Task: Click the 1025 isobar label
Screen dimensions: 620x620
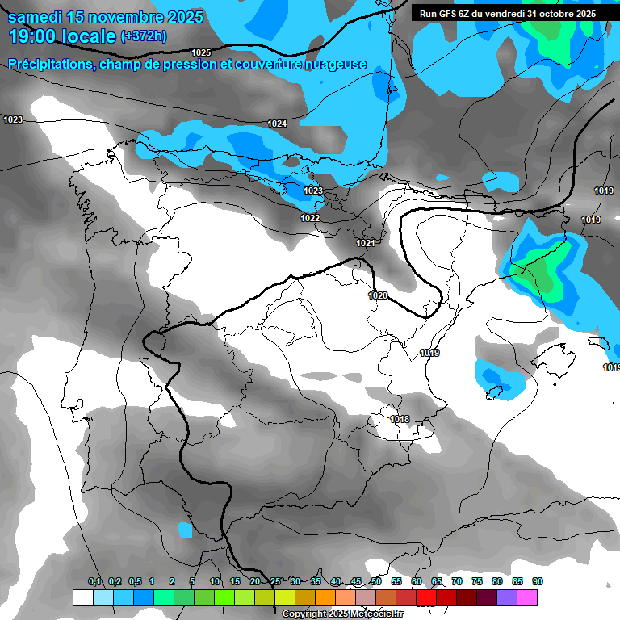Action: tap(201, 52)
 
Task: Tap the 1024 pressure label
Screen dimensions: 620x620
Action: tap(277, 124)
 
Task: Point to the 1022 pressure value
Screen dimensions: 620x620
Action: tap(310, 218)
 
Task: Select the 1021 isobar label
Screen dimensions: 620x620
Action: tap(366, 243)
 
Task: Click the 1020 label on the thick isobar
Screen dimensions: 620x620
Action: tap(378, 295)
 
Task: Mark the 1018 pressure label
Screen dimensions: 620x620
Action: tap(399, 419)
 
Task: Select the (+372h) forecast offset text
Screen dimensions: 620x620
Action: tap(145, 36)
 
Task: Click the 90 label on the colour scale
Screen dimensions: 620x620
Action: tap(538, 581)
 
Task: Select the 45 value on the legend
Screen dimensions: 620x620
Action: tap(356, 581)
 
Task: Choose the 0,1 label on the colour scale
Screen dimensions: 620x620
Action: tap(94, 581)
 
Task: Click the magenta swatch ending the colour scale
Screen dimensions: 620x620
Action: tap(527, 597)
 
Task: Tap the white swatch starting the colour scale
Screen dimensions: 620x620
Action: tap(82, 597)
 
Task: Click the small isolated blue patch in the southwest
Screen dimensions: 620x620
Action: tap(185, 530)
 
